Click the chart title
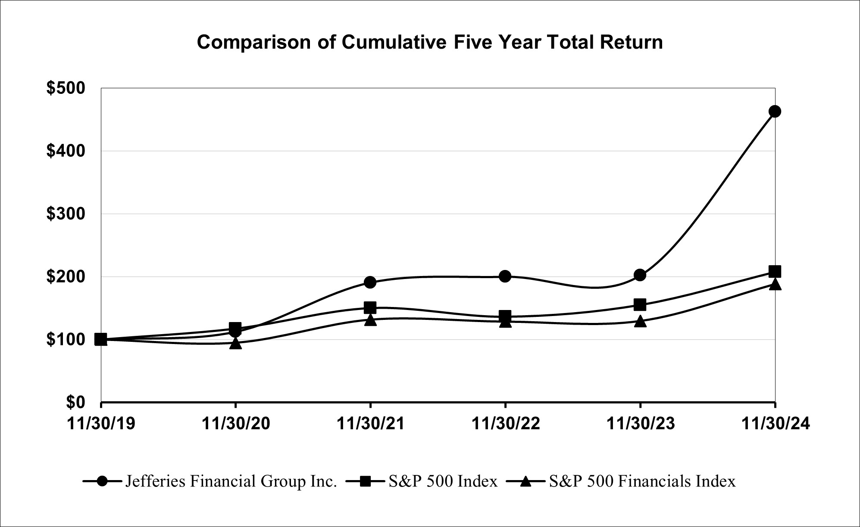pyautogui.click(x=429, y=43)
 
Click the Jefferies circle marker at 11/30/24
pyautogui.click(x=775, y=112)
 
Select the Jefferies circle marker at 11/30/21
pyautogui.click(x=370, y=282)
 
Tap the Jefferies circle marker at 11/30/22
pyautogui.click(x=505, y=276)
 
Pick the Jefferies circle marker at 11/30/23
pyautogui.click(x=640, y=275)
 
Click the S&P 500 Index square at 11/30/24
pyautogui.click(x=775, y=272)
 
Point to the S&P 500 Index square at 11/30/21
pyautogui.click(x=370, y=307)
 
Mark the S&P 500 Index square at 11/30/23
pyautogui.click(x=640, y=305)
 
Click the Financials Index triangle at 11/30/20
pyautogui.click(x=235, y=343)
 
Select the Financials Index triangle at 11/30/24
pyautogui.click(x=775, y=284)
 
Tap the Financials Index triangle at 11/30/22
pyautogui.click(x=505, y=322)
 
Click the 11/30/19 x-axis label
pyautogui.click(x=101, y=424)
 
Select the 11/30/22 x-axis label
pyautogui.click(x=505, y=424)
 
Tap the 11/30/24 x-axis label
pyautogui.click(x=775, y=424)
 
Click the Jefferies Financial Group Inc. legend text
pyautogui.click(x=231, y=481)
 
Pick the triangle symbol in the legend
pyautogui.click(x=525, y=481)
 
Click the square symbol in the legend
pyautogui.click(x=365, y=481)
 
